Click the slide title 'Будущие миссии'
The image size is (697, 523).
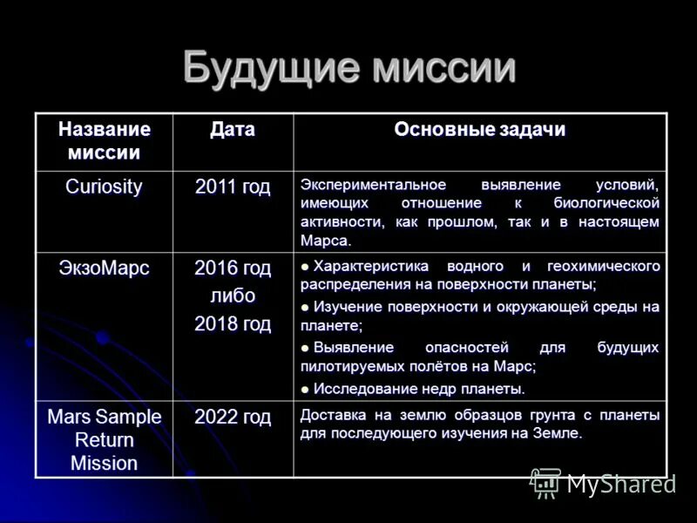click(348, 68)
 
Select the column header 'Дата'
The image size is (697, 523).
click(233, 130)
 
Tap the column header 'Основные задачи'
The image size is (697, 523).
click(480, 130)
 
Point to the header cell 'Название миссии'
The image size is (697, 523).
click(105, 141)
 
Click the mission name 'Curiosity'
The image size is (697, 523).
click(105, 187)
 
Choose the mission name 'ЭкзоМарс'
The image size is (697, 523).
click(105, 268)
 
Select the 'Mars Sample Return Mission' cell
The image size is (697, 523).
click(105, 440)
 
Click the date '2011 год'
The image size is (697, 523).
click(233, 187)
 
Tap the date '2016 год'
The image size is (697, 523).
click(233, 268)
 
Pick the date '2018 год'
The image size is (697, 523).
click(233, 324)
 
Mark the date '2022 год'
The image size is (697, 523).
click(233, 418)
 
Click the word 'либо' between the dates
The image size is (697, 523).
click(233, 296)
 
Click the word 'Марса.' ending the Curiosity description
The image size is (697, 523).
click(326, 241)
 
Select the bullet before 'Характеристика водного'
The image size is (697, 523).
click(306, 267)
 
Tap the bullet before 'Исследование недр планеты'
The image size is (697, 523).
click(306, 390)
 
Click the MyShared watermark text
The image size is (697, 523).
click(621, 484)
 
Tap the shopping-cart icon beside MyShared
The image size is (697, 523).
click(546, 483)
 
